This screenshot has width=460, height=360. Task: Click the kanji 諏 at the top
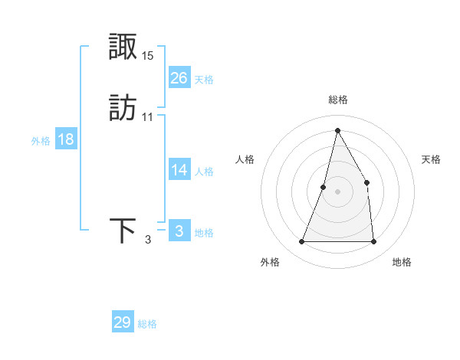(x=123, y=47)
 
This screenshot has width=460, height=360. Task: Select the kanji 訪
(x=123, y=108)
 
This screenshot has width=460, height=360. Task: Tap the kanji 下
(x=123, y=231)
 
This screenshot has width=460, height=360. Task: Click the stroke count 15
(x=148, y=56)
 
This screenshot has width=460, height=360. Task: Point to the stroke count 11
(x=148, y=117)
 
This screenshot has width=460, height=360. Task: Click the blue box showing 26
(x=179, y=78)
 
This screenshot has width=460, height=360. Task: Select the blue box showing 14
(x=179, y=171)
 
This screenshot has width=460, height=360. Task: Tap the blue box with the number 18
(x=66, y=140)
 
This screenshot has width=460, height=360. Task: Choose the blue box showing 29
(x=123, y=322)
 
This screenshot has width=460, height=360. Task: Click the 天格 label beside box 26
(x=204, y=80)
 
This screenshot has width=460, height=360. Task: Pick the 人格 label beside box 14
(x=204, y=172)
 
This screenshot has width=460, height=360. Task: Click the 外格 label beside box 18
(x=41, y=141)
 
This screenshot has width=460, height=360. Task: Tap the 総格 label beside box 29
(x=147, y=324)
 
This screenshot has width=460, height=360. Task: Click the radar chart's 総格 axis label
(x=337, y=100)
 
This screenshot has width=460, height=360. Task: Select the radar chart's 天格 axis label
(x=431, y=159)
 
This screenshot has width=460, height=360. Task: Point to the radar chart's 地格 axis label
(x=402, y=262)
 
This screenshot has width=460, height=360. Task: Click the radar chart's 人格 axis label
(x=245, y=159)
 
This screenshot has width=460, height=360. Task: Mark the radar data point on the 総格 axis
(x=337, y=130)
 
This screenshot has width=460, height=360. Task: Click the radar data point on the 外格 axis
(x=302, y=242)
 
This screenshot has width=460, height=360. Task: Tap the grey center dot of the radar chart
(x=337, y=191)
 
